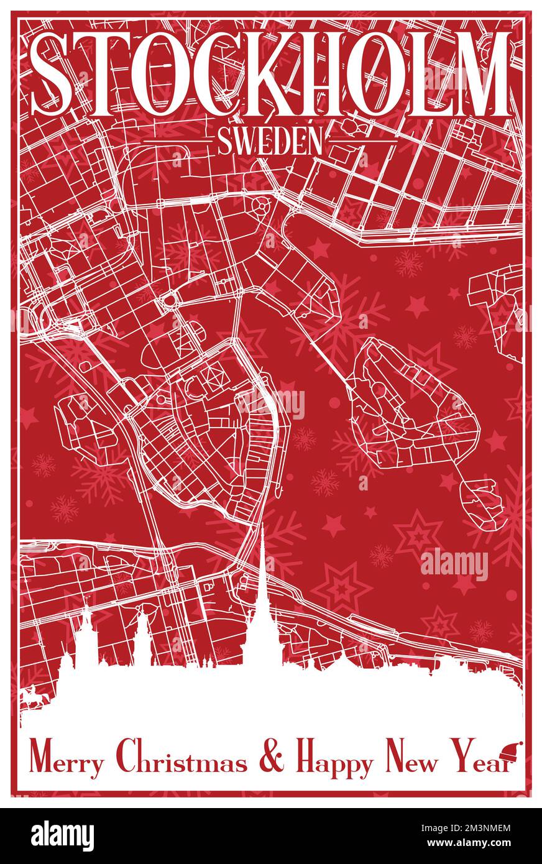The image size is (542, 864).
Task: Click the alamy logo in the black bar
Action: (x=63, y=836)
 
